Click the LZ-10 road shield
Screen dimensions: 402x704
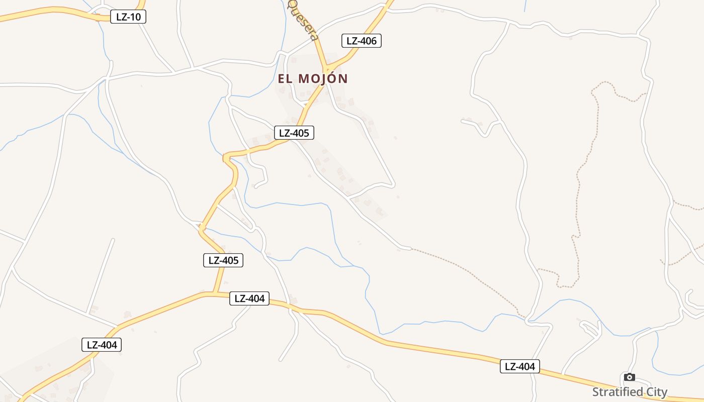tap(128, 17)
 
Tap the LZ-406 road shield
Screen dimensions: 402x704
tap(362, 41)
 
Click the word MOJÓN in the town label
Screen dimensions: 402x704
tap(323, 79)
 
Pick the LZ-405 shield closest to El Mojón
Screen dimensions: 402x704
tap(294, 133)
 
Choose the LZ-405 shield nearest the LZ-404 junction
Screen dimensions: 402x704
tap(223, 260)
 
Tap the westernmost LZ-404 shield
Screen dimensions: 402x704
tap(102, 345)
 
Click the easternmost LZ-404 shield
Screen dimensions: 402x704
tap(520, 366)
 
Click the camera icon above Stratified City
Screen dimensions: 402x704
tap(629, 377)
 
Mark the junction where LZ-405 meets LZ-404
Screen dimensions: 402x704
tap(215, 293)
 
